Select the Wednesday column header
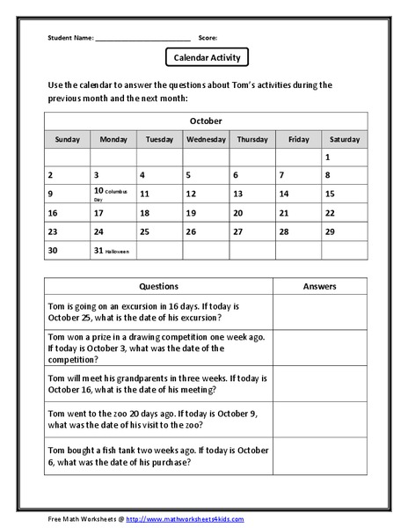click(x=206, y=139)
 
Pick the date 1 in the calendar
click(x=328, y=158)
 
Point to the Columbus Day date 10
click(x=98, y=191)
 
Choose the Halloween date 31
click(x=98, y=251)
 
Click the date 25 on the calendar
click(x=145, y=232)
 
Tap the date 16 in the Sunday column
click(x=53, y=213)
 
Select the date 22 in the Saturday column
click(x=330, y=213)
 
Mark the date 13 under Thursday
click(x=237, y=194)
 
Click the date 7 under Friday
click(x=281, y=175)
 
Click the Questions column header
click(x=159, y=286)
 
